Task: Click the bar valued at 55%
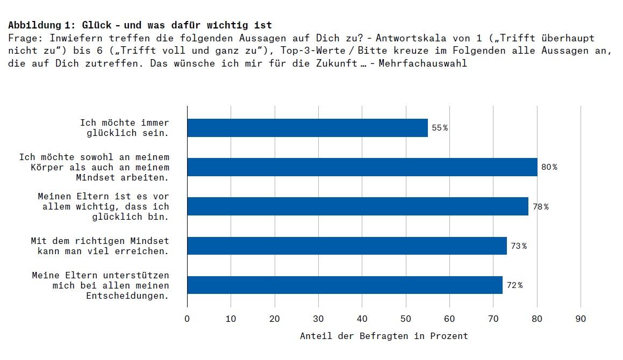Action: [x=307, y=128]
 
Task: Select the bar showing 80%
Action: [x=362, y=167]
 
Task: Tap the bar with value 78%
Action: [x=358, y=206]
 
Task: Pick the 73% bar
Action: [x=347, y=246]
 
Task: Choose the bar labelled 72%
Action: [x=345, y=285]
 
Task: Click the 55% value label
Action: [x=440, y=128]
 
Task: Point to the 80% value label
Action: [x=549, y=167]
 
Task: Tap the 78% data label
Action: [x=540, y=206]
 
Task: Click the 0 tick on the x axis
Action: [x=187, y=319]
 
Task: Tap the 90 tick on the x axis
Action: [x=581, y=319]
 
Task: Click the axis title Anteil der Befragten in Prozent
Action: [x=384, y=336]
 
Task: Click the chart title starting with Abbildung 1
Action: [x=140, y=25]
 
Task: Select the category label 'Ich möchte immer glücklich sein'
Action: [x=125, y=128]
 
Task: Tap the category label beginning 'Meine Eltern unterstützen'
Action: [x=101, y=285]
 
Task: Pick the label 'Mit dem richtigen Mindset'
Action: [x=100, y=246]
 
